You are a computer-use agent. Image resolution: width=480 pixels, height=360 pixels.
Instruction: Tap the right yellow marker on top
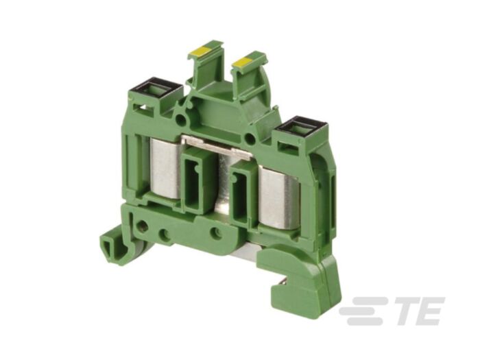click(x=243, y=63)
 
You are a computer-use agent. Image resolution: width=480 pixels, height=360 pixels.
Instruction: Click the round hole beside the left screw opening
click(x=181, y=121)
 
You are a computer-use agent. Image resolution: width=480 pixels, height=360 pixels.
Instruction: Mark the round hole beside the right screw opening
click(x=251, y=139)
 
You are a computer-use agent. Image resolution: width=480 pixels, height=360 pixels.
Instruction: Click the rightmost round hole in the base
click(x=216, y=232)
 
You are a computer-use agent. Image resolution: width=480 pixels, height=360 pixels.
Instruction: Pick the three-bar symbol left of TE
click(x=360, y=311)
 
